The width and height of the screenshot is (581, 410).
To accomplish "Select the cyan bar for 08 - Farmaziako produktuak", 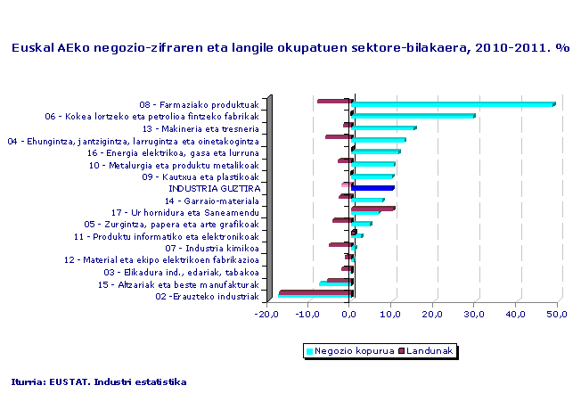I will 453,104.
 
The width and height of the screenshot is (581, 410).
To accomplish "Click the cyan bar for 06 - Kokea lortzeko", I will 413,116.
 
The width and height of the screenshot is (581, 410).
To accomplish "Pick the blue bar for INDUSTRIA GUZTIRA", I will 372,188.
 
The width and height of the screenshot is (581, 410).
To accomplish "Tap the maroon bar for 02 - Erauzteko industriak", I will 316,292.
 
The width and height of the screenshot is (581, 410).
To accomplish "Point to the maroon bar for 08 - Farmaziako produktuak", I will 334,101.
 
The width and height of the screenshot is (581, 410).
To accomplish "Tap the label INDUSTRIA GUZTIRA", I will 214,189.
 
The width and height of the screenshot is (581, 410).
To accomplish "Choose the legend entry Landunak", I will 428,351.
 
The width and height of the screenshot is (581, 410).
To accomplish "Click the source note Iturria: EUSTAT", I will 99,381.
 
